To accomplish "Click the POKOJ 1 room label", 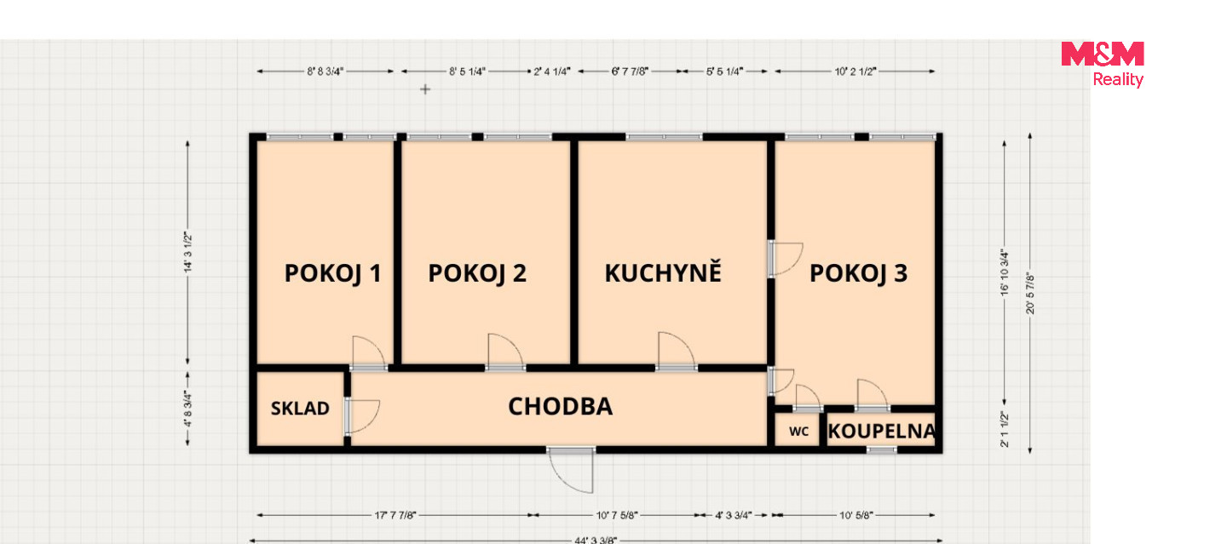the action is [332, 273].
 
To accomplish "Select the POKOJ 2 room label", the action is [477, 273].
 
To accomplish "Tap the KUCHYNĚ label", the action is [663, 272].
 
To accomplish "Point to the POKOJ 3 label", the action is [858, 273].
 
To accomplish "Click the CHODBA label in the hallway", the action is [561, 407].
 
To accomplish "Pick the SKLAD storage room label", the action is [300, 409].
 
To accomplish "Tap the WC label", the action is [798, 432].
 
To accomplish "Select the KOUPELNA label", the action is [881, 432].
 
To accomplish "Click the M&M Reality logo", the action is [1103, 64].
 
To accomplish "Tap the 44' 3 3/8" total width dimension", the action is [596, 540].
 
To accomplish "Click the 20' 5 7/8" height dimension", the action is [1030, 294].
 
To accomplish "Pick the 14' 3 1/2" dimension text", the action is [187, 252].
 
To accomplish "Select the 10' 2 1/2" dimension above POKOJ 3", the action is [855, 72].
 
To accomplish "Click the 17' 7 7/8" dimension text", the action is [395, 515].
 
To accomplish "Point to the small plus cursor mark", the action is [425, 89].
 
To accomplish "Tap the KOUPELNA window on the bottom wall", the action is [882, 450].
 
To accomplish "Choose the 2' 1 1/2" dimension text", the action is [1005, 429].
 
